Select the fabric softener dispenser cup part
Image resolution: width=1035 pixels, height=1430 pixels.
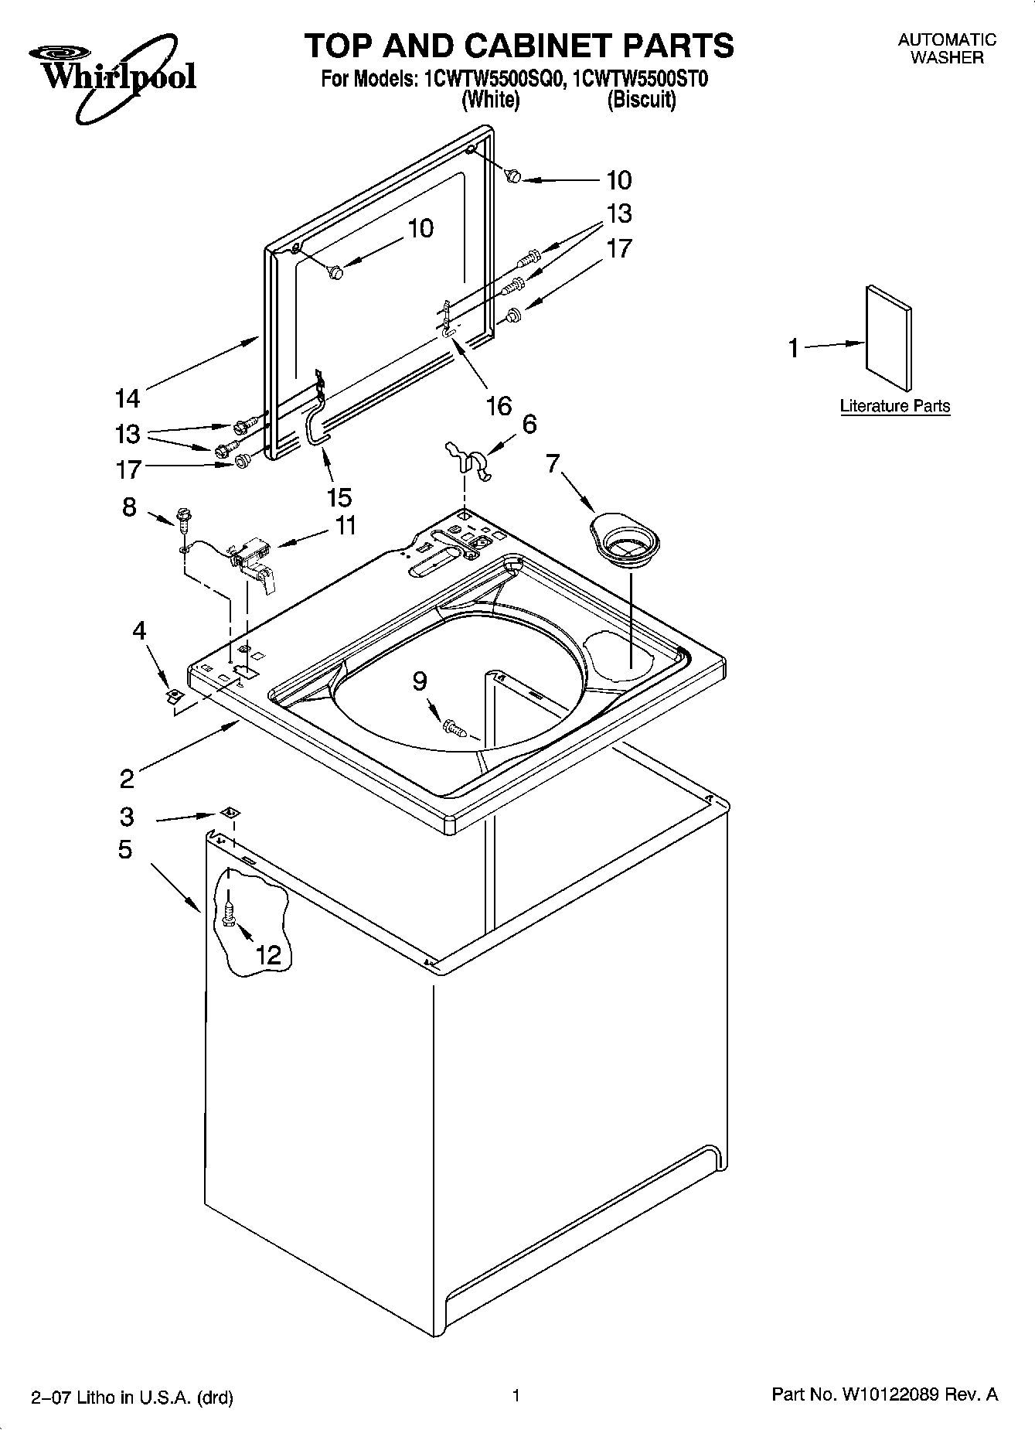pyautogui.click(x=625, y=541)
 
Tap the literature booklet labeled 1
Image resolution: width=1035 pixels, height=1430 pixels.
pyautogui.click(x=888, y=339)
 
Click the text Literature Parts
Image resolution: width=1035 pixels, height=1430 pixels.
pyautogui.click(x=894, y=406)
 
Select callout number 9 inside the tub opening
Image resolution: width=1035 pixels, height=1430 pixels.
pyautogui.click(x=419, y=681)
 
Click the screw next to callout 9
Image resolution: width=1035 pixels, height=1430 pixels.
pyautogui.click(x=455, y=727)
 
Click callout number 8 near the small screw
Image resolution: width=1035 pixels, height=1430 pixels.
pyautogui.click(x=129, y=507)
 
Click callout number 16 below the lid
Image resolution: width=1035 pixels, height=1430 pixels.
pyautogui.click(x=499, y=404)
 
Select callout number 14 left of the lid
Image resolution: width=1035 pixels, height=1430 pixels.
pyautogui.click(x=127, y=398)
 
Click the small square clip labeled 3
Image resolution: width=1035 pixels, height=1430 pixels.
pyautogui.click(x=229, y=812)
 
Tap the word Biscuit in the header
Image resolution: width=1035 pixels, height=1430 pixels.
pyautogui.click(x=642, y=101)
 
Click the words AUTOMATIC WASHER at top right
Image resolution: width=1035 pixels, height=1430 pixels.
pyautogui.click(x=947, y=48)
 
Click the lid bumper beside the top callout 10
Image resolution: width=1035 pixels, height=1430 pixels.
pyautogui.click(x=512, y=177)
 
